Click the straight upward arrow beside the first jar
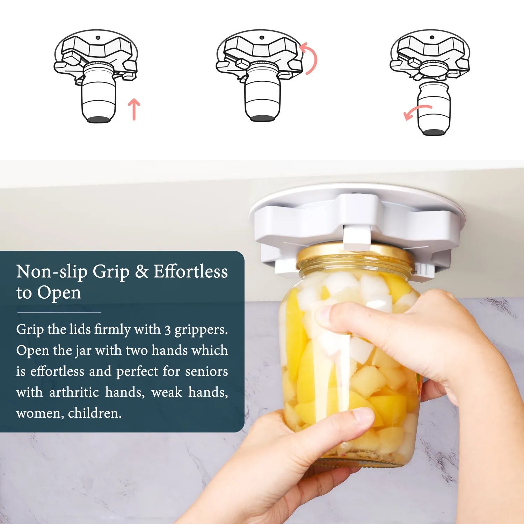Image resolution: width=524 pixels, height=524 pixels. pyautogui.click(x=134, y=109)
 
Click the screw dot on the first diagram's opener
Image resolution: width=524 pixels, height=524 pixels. pyautogui.click(x=98, y=37)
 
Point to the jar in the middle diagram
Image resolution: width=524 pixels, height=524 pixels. pyautogui.click(x=263, y=93)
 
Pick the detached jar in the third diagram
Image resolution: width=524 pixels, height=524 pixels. pyautogui.click(x=434, y=109)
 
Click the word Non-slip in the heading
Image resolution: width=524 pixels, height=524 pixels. pyautogui.click(x=52, y=271)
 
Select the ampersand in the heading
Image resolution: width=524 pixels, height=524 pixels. pyautogui.click(x=141, y=271)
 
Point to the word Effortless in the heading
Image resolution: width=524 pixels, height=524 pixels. pyautogui.click(x=191, y=271)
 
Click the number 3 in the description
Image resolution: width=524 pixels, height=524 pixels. pyautogui.click(x=168, y=330)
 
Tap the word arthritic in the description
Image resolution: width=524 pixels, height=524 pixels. pyautogui.click(x=74, y=392)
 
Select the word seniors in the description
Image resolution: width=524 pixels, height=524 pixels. pyautogui.click(x=206, y=371)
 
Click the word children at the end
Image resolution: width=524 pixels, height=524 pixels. pyautogui.click(x=95, y=413)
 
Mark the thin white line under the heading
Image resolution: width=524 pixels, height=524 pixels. pyautogui.click(x=59, y=312)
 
